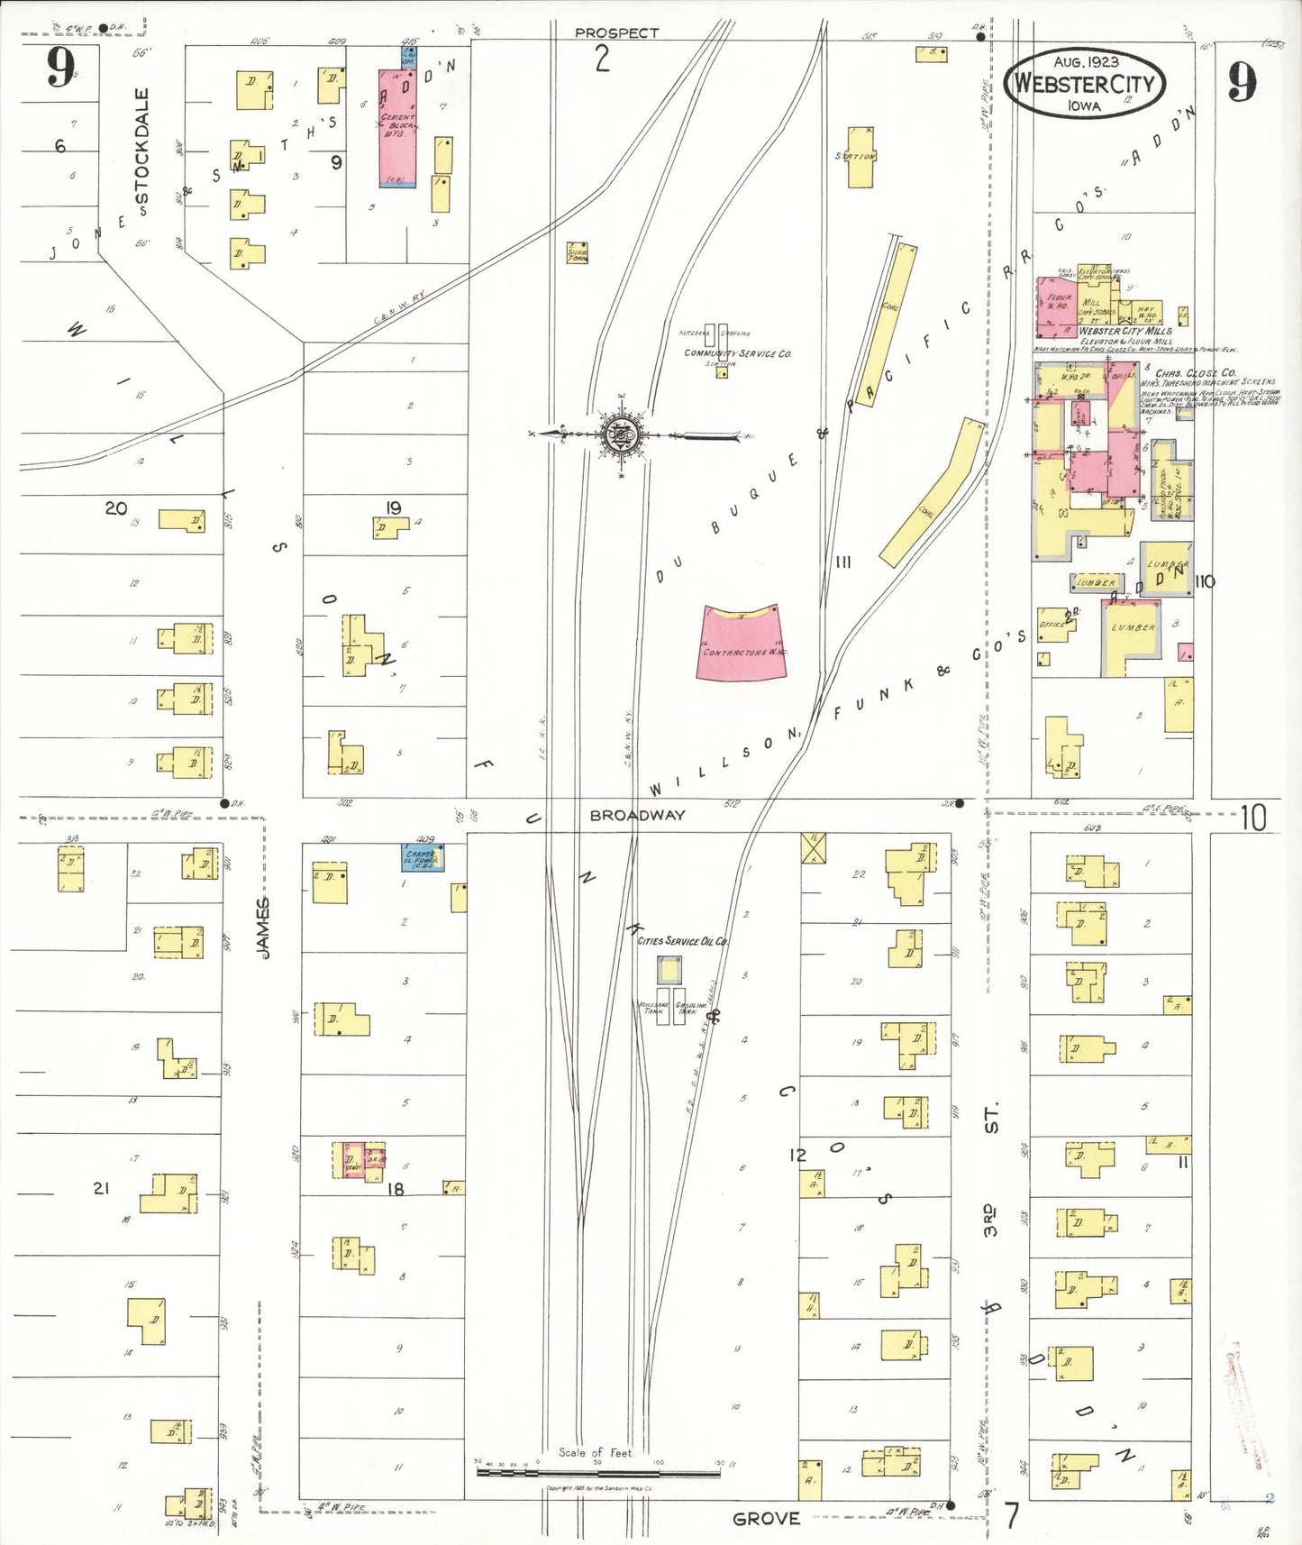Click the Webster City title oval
pyautogui.click(x=1085, y=84)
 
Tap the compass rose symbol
pyautogui.click(x=619, y=435)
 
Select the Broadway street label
pyautogui.click(x=637, y=815)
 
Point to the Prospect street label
pyautogui.click(x=616, y=32)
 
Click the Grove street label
pyautogui.click(x=766, y=1519)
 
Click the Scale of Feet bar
pyautogui.click(x=597, y=1473)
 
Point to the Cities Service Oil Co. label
pyautogui.click(x=683, y=941)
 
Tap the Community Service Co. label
pyautogui.click(x=737, y=353)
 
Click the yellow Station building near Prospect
pyautogui.click(x=860, y=157)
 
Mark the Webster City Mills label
pyautogui.click(x=1125, y=331)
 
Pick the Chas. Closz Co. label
pyautogui.click(x=1196, y=373)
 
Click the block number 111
pyautogui.click(x=843, y=562)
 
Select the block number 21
pyautogui.click(x=101, y=1188)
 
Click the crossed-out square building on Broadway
pyautogui.click(x=814, y=847)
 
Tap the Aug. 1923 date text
pyautogui.click(x=1086, y=61)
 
